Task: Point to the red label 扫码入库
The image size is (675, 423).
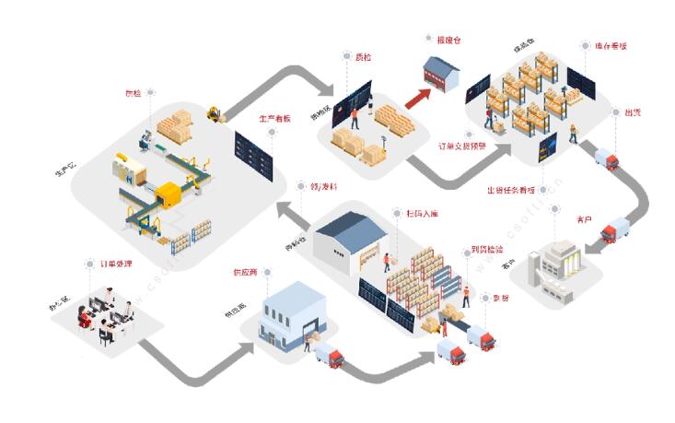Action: click(422, 214)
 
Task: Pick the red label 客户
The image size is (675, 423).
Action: click(583, 219)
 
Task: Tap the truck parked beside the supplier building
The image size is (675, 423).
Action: click(329, 355)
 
